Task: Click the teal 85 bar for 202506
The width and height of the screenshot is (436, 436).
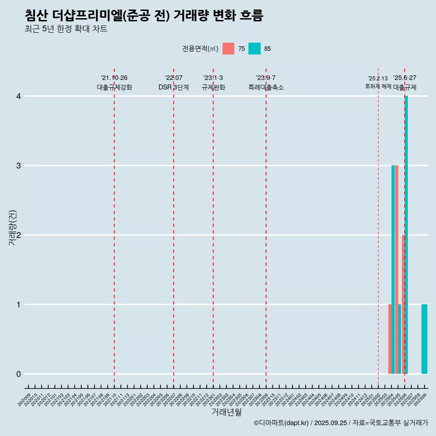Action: (x=406, y=235)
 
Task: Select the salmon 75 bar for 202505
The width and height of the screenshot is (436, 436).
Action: (x=396, y=269)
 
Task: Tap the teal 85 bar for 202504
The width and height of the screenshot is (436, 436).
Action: (x=393, y=269)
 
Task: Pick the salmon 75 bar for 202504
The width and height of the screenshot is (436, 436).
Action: (x=390, y=339)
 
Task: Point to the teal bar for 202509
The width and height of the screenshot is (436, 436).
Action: (x=424, y=339)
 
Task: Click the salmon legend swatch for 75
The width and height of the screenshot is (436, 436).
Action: (x=228, y=49)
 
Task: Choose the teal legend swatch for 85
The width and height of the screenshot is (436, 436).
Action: (x=255, y=49)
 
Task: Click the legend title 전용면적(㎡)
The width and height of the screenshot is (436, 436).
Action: (x=200, y=49)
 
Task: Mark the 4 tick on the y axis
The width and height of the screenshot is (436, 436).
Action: (x=19, y=96)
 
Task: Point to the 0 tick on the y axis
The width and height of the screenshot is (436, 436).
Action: (x=19, y=374)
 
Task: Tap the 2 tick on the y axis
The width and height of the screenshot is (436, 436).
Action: (x=19, y=235)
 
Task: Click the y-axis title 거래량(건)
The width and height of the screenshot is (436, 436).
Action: (x=13, y=228)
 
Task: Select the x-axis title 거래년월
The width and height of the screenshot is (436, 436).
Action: (x=226, y=412)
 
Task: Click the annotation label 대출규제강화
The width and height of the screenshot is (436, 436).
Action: (x=114, y=87)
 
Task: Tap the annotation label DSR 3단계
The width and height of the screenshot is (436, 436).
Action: (x=173, y=87)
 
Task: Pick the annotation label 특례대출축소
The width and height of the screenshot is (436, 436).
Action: (x=266, y=87)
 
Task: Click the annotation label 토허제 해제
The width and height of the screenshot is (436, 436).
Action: (x=378, y=86)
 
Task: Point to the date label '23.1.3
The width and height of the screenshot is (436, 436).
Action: (x=213, y=78)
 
